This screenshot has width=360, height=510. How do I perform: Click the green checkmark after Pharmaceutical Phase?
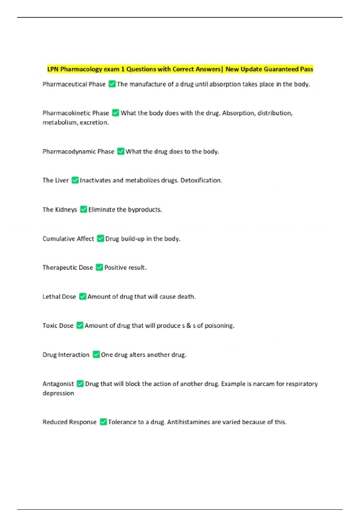point(112,84)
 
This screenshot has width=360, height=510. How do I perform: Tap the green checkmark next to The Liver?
point(75,180)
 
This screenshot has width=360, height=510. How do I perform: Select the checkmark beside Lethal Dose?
point(82,296)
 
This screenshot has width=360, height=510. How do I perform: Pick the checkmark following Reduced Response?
point(103,422)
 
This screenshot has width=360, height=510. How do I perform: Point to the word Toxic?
point(49,325)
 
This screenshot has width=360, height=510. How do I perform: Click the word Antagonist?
point(58,384)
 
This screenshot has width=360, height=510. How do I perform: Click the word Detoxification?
point(201,180)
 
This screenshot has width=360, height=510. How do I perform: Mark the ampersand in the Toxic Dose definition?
point(189,325)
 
